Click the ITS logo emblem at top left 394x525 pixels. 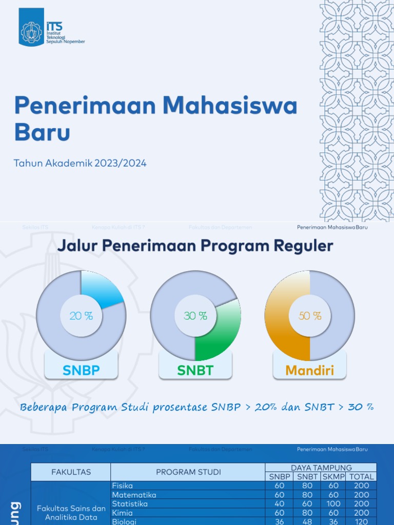tap(32, 31)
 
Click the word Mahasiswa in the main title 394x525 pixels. tap(230, 106)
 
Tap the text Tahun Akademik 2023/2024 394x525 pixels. tap(80, 164)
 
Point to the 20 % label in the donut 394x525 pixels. tap(81, 316)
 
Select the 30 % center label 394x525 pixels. tap(195, 316)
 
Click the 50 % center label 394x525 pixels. tap(309, 316)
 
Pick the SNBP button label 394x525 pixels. tap(81, 370)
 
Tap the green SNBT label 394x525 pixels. tap(195, 370)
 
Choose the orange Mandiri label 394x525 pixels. tap(309, 370)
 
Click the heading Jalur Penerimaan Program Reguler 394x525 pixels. tap(195, 246)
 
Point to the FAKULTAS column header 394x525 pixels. tap(71, 472)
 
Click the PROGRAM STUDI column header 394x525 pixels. tap(188, 472)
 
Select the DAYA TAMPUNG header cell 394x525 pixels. tap(321, 468)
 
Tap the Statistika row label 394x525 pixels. tap(123, 504)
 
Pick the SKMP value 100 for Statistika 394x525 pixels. tap(334, 504)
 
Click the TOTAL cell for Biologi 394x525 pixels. tap(362, 521)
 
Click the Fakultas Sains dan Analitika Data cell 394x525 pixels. tap(71, 513)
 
